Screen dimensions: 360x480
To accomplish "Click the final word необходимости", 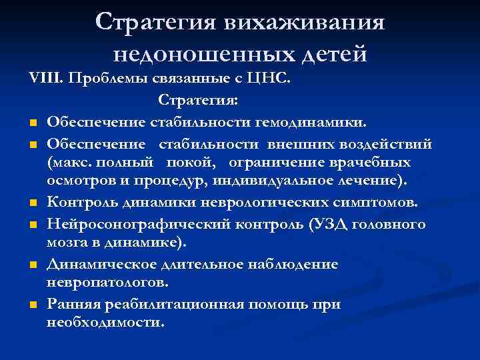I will pos(105,322).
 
